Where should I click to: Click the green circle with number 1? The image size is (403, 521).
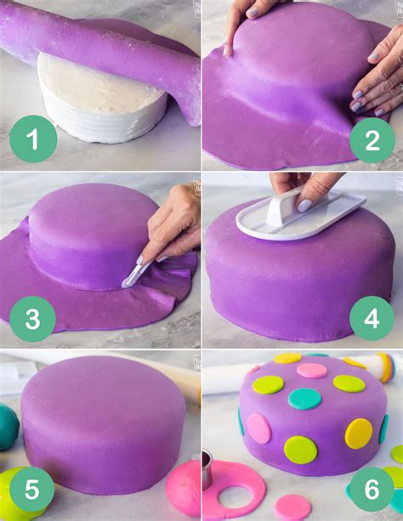33,139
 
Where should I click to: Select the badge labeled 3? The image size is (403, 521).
33,319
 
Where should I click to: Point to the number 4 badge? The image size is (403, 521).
372,319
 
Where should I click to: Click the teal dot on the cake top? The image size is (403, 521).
304,399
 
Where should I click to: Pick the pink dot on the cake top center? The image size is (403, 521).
311,371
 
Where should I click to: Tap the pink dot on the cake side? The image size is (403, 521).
258,428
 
